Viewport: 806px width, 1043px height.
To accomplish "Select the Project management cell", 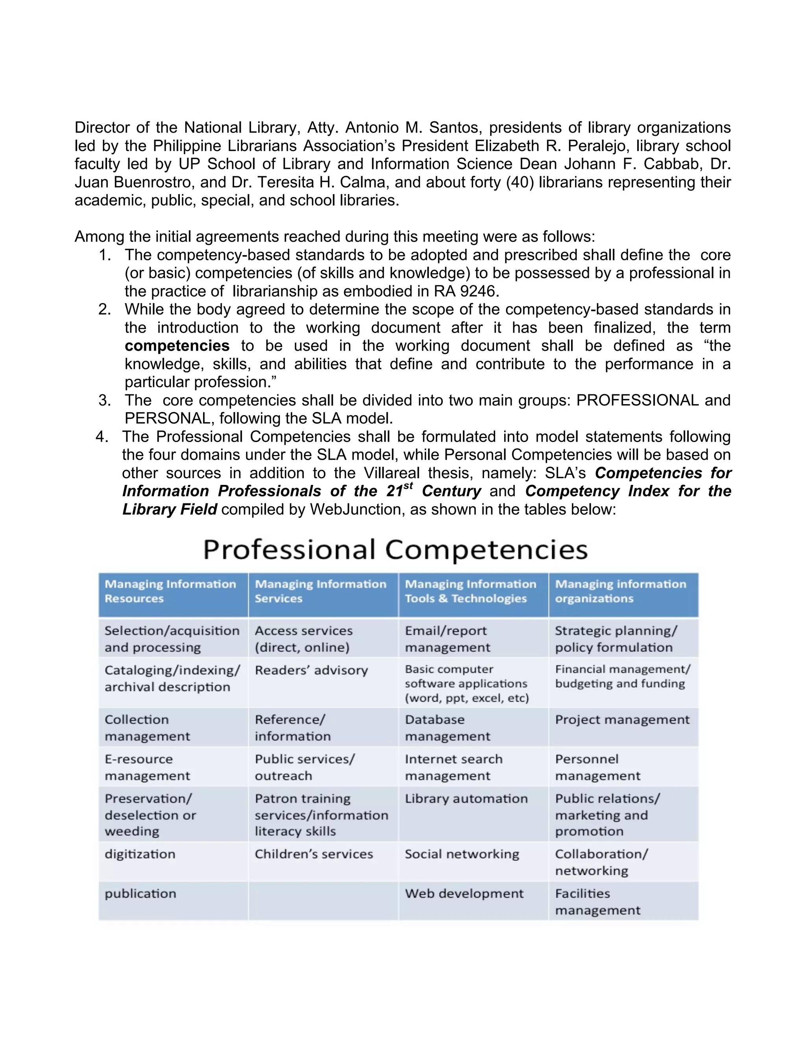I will tap(622, 720).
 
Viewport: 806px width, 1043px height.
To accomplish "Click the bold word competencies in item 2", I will tap(177, 346).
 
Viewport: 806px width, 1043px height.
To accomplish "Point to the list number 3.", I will tap(104, 400).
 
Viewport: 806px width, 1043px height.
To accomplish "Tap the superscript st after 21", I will tap(408, 486).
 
